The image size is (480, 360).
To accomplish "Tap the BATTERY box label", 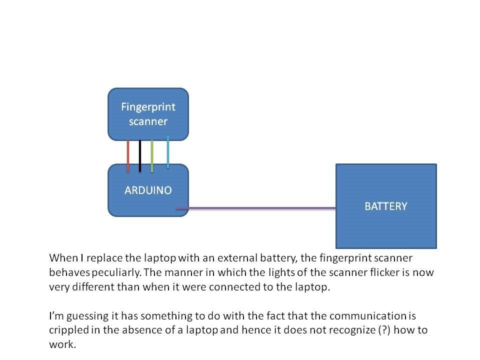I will click(385, 206).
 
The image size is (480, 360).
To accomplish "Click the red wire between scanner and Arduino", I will click(128, 156).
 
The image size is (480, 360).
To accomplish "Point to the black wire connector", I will click(140, 156).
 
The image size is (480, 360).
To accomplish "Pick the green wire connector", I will click(152, 156).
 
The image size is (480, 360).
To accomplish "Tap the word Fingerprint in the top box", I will click(148, 107).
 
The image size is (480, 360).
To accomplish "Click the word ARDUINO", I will click(148, 190).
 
